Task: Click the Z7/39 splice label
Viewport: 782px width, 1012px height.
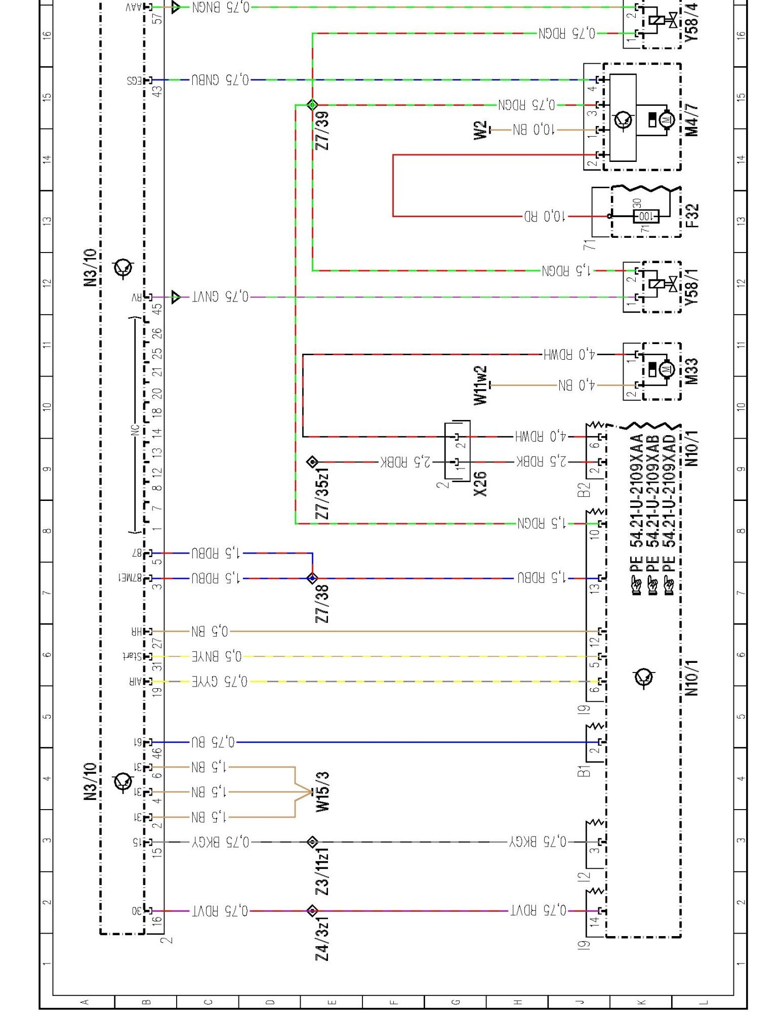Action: pyautogui.click(x=322, y=130)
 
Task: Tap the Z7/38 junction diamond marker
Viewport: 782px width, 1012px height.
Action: pyautogui.click(x=312, y=578)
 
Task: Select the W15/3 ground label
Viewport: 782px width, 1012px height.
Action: pyautogui.click(x=322, y=792)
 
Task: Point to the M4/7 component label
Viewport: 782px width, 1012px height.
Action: pyautogui.click(x=692, y=120)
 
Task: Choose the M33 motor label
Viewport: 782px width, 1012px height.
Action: pyautogui.click(x=692, y=371)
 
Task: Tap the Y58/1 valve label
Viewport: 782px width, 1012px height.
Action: pyautogui.click(x=692, y=287)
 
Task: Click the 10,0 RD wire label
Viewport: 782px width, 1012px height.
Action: pyautogui.click(x=544, y=217)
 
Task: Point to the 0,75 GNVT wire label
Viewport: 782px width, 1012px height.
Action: pyautogui.click(x=221, y=297)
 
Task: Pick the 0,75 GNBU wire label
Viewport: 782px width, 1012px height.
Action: pyautogui.click(x=221, y=79)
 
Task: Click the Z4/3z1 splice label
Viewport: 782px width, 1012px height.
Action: pyautogui.click(x=322, y=938)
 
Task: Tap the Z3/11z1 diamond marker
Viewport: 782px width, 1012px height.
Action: pyautogui.click(x=312, y=842)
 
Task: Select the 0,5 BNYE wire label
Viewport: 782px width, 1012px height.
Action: pyautogui.click(x=217, y=656)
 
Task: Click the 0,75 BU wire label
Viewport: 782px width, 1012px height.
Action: pyautogui.click(x=213, y=742)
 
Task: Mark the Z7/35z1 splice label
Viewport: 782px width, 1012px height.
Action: pyautogui.click(x=322, y=493)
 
